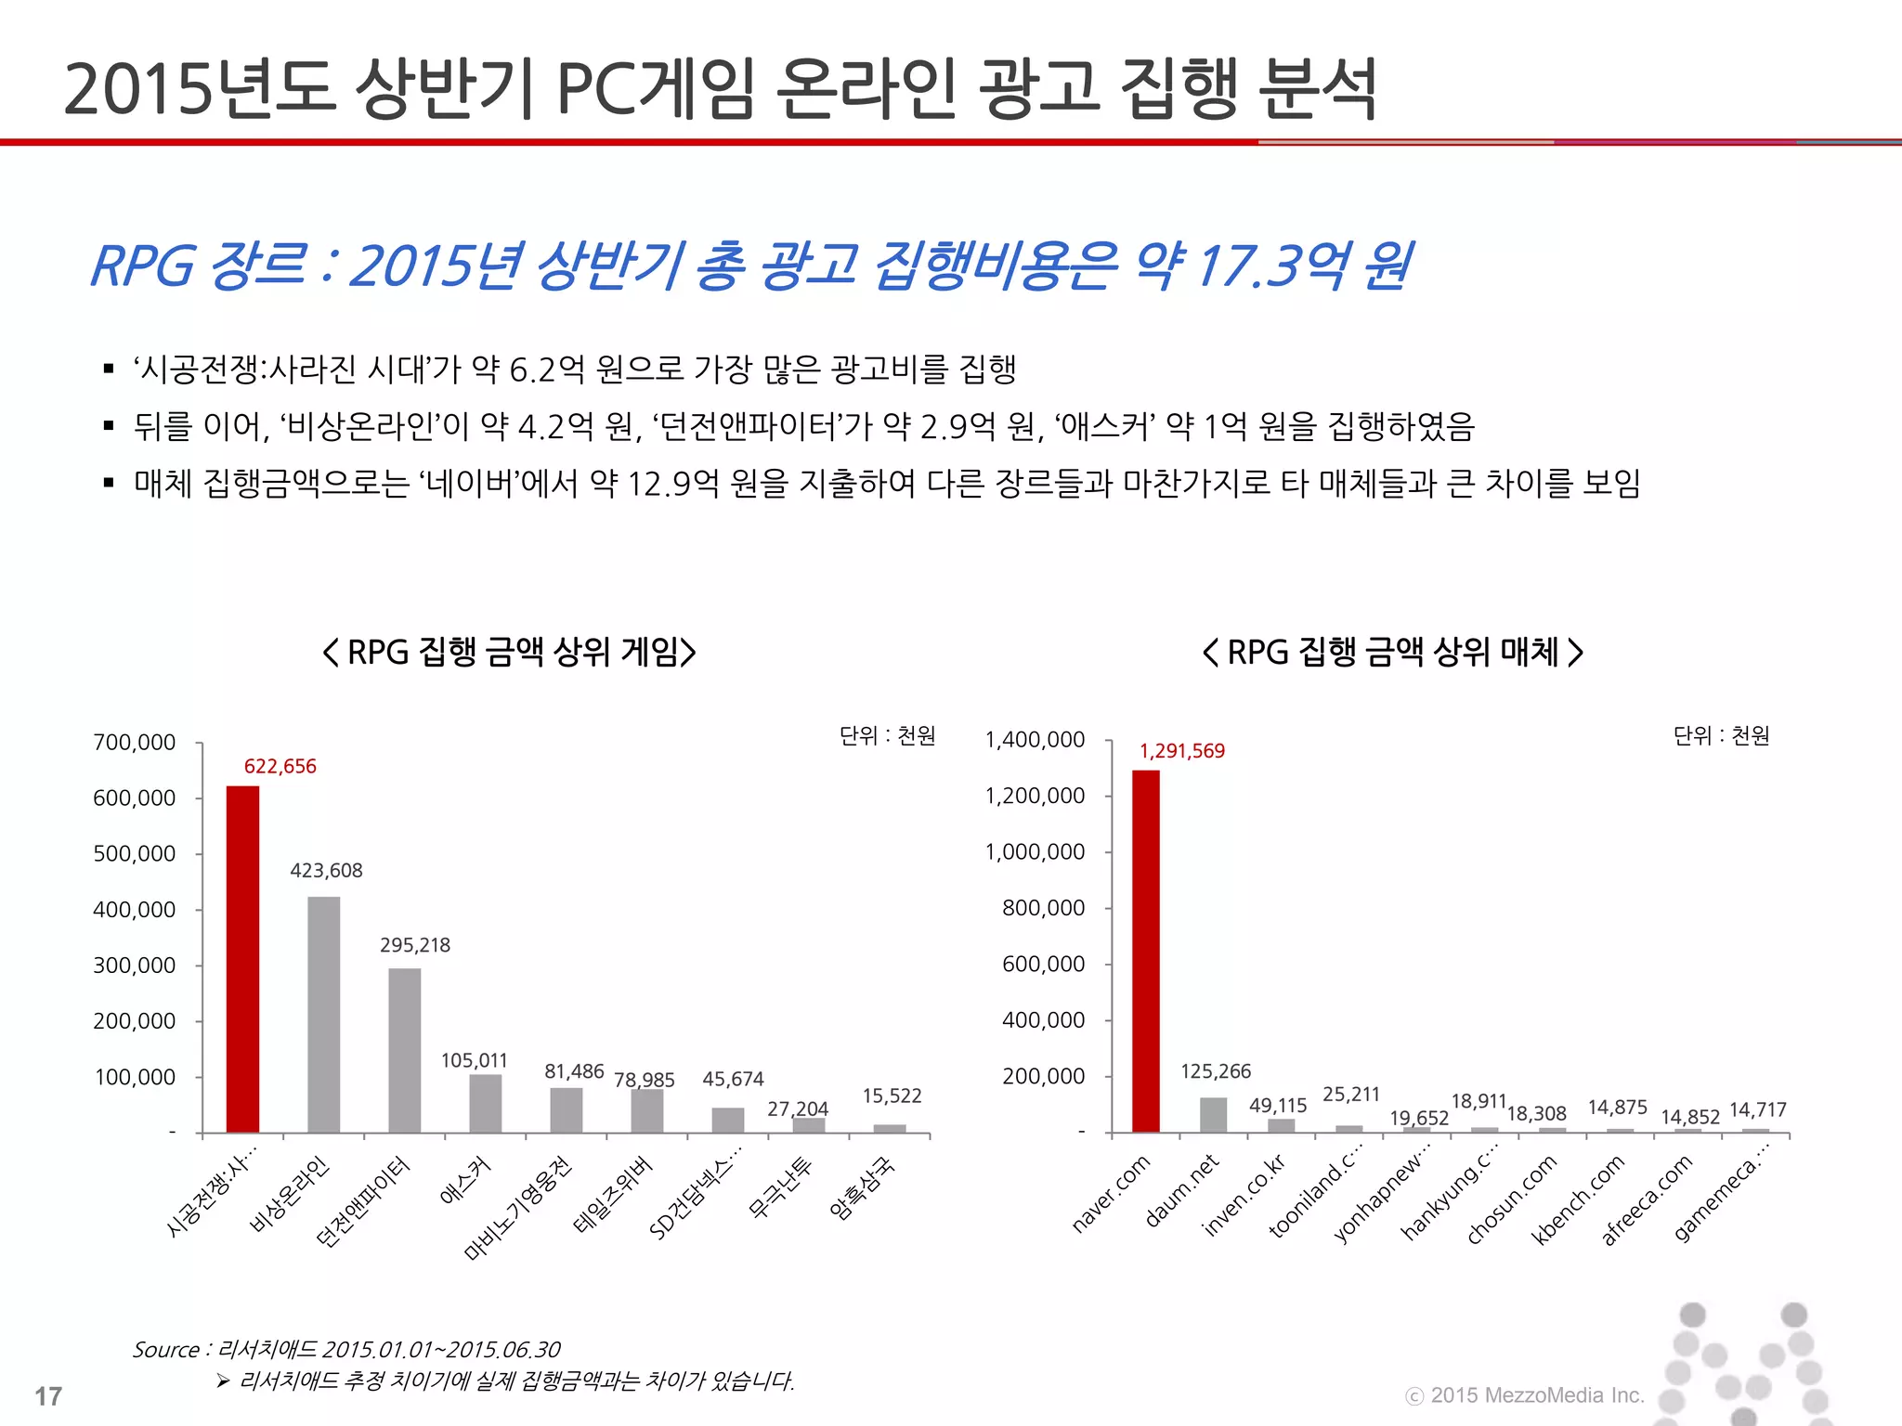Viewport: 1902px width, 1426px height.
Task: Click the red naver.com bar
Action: pos(1145,951)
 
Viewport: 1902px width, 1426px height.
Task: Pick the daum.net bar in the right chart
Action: pos(1213,1115)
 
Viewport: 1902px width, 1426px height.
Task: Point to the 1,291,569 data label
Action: pos(1181,751)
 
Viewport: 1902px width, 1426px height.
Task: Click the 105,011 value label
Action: pos(474,1060)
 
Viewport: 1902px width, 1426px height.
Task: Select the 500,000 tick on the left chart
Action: pos(134,854)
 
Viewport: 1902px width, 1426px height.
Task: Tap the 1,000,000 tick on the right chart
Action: pos(1035,852)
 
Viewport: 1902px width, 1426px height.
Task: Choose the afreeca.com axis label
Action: pos(1647,1199)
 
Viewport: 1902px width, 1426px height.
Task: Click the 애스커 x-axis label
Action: pos(465,1180)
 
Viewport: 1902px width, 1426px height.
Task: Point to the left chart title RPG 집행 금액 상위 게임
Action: pos(509,653)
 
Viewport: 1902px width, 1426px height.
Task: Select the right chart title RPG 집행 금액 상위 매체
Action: pos(1392,653)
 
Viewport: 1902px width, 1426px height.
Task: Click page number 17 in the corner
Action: pos(48,1396)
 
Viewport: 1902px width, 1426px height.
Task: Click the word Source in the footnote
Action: pos(166,1350)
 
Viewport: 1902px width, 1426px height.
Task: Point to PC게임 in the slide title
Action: pos(654,89)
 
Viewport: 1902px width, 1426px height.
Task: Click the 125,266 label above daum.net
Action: pos(1215,1071)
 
